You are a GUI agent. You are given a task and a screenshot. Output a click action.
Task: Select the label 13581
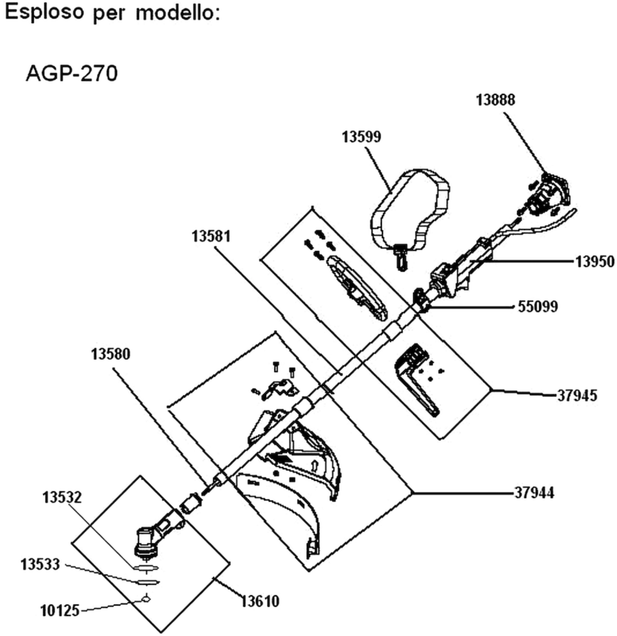click(x=211, y=236)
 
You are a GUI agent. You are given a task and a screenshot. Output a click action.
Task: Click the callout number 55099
click(x=538, y=306)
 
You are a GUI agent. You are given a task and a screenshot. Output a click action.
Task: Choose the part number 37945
click(x=577, y=396)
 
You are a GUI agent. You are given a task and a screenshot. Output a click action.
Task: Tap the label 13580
click(x=111, y=354)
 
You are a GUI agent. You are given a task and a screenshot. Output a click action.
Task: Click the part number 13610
click(x=260, y=601)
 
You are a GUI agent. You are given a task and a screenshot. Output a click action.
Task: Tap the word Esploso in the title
click(x=44, y=12)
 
